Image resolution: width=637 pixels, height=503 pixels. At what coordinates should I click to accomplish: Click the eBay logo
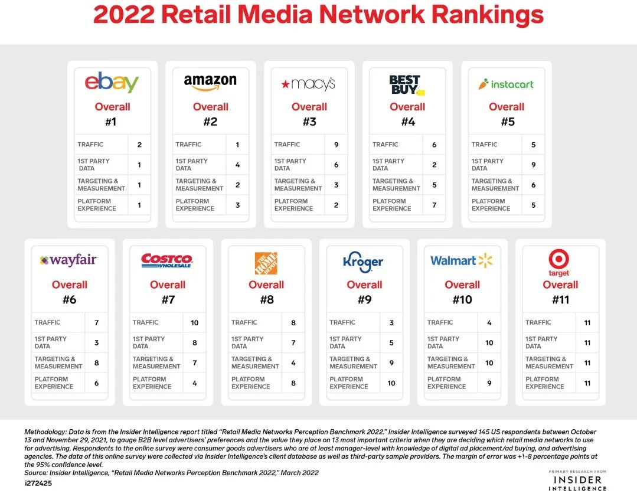coord(112,83)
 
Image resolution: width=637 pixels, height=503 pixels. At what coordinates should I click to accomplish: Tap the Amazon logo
coord(210,83)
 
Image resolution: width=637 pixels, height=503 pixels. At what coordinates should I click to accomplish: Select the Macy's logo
coord(308,84)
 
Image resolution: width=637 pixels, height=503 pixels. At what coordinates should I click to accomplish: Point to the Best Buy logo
coord(407,84)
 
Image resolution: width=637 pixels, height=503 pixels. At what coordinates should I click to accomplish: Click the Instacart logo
coord(506,84)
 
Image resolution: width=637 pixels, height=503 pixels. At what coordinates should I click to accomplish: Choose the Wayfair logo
coord(68,260)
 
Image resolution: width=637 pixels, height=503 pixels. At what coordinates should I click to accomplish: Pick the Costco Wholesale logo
coord(167,260)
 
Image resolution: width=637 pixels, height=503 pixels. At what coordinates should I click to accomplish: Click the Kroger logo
coord(364,262)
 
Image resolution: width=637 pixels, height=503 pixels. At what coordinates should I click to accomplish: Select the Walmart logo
coord(462,260)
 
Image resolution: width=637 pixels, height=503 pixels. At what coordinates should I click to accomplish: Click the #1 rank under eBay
coord(112,122)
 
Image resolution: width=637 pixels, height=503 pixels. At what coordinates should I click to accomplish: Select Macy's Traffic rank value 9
coord(337,145)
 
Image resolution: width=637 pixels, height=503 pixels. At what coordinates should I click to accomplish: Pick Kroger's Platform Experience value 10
coord(391,383)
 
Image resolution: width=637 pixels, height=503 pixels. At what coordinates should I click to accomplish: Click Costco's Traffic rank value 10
coord(195,323)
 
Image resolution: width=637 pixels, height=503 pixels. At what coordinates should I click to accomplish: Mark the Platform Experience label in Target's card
coord(545,383)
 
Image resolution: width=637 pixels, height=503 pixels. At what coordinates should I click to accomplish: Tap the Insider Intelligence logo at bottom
coord(577,481)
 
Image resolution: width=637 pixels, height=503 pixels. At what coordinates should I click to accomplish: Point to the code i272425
coord(39,482)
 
